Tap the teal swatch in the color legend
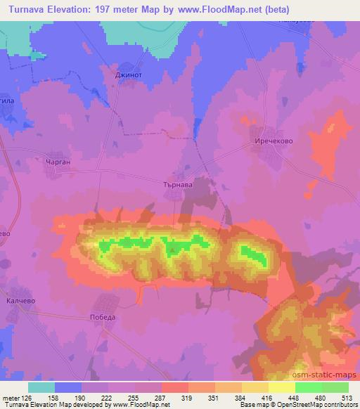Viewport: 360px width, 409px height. (x=41, y=388)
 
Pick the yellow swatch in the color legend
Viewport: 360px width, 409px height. (x=255, y=388)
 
